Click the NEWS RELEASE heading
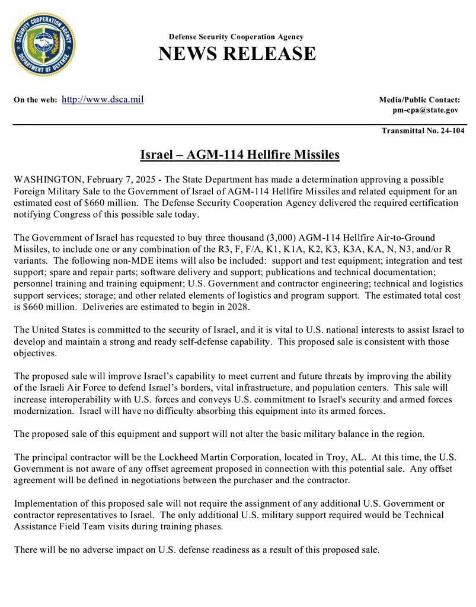237,54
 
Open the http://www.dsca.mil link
103,99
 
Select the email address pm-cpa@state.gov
425,110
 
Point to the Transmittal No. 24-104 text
423,130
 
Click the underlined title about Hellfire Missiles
239,155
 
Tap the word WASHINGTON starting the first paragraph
47,179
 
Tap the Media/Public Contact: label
419,100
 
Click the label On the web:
36,100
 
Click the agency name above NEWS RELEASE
236,37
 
